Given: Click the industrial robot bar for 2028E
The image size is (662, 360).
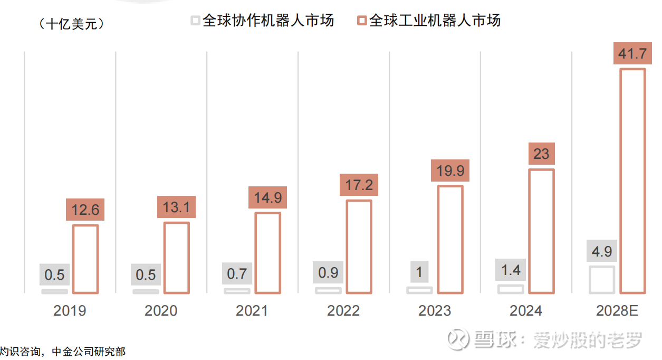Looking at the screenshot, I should [632, 181].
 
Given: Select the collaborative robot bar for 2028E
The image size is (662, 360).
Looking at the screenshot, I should [602, 280].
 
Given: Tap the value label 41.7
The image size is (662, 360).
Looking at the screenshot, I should [632, 54].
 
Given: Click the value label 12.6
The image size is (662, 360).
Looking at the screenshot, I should [85, 210].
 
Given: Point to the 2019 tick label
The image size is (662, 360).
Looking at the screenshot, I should [70, 310].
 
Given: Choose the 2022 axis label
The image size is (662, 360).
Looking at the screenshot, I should [343, 310].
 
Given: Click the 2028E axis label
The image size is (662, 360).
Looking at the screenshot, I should [617, 310].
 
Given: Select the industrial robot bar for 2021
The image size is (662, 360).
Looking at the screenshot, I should [267, 253].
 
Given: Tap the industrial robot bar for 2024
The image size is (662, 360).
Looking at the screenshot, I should [541, 231].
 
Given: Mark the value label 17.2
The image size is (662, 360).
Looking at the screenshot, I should [359, 185].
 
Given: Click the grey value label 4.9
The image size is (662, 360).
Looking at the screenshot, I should [602, 251].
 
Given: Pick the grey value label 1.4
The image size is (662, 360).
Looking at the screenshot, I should [511, 270].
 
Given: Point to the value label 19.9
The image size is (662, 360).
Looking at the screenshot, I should [450, 170].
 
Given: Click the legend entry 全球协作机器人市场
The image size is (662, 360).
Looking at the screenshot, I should [263, 21].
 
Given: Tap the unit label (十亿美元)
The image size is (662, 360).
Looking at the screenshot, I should [72, 24].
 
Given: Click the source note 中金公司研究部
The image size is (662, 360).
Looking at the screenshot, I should [89, 352].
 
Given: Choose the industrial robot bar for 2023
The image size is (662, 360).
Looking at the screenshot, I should [450, 239].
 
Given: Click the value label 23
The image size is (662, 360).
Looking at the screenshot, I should [541, 154].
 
